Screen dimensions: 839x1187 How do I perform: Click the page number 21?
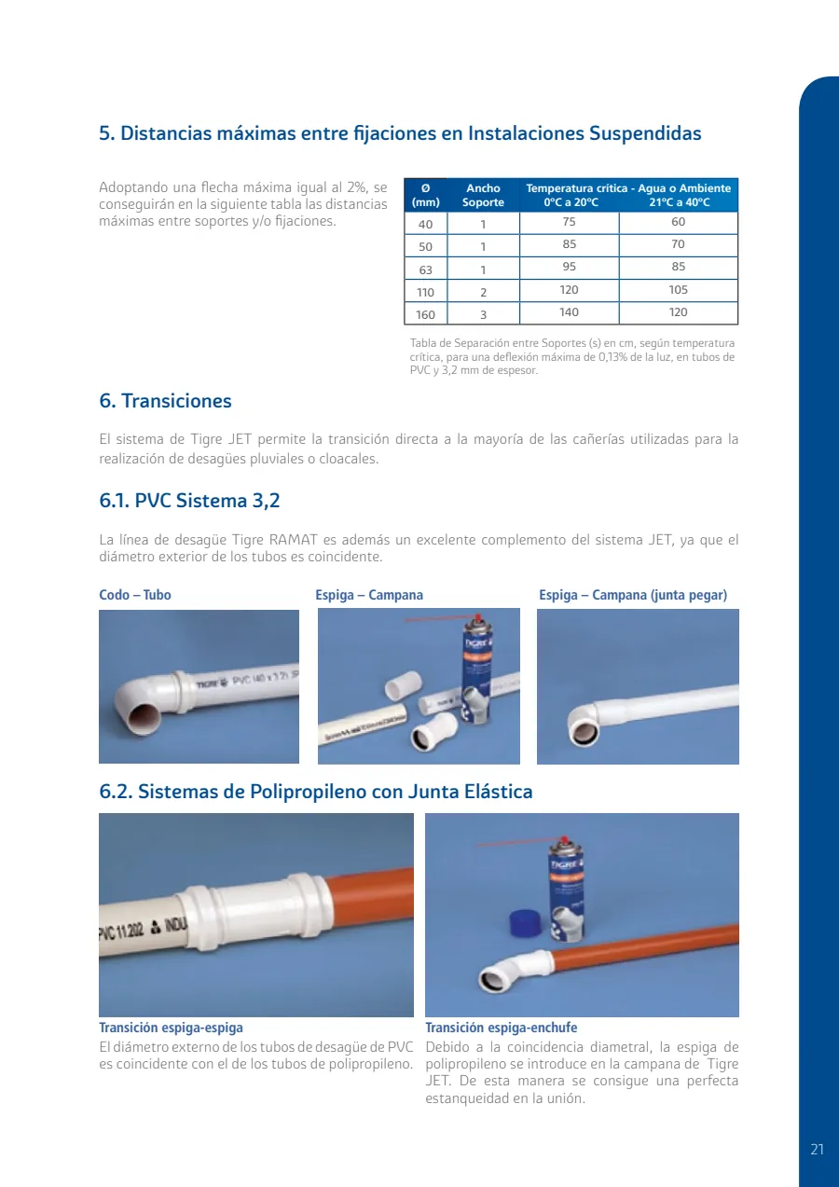(817, 1149)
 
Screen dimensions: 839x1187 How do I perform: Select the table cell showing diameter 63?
(425, 269)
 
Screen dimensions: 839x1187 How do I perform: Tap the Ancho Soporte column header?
(483, 195)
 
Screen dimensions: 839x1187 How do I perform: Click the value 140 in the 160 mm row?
(569, 312)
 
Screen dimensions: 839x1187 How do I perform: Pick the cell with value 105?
(678, 290)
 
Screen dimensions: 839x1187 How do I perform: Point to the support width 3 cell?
(483, 315)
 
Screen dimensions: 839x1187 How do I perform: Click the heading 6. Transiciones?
(165, 401)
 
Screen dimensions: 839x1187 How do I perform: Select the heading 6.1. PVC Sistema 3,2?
(189, 501)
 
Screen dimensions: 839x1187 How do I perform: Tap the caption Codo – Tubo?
(135, 595)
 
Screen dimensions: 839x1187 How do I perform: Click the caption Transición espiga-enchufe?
(502, 1028)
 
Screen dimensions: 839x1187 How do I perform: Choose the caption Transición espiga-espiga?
(172, 1028)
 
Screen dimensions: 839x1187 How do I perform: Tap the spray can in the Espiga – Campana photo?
(478, 670)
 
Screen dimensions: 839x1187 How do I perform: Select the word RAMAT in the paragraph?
(293, 540)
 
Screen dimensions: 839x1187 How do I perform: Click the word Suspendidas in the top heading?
(645, 133)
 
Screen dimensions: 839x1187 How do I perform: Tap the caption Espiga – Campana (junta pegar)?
(633, 595)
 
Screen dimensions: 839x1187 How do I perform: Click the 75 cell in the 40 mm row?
(569, 222)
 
